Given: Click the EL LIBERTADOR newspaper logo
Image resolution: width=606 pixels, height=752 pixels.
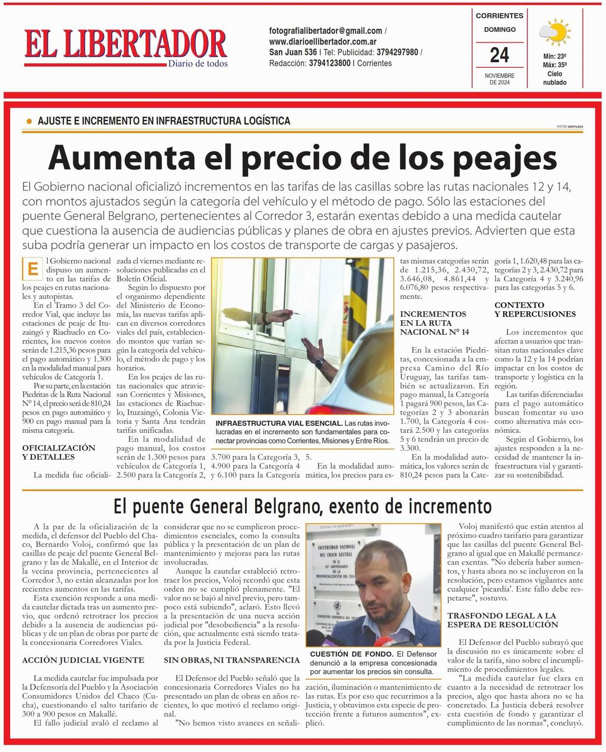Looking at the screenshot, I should tap(125, 44).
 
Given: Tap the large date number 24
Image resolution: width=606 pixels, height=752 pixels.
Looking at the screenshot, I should tap(499, 55).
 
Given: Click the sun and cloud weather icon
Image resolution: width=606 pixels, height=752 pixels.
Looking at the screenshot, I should tap(555, 32).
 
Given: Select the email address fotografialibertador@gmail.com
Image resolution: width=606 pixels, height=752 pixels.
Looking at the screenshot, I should tap(326, 31).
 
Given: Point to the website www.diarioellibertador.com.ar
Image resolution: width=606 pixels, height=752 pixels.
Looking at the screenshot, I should tap(323, 41).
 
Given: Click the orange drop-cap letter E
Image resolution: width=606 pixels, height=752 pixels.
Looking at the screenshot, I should tap(33, 269).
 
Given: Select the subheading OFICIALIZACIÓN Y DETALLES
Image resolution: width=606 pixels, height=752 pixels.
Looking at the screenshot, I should tap(59, 452).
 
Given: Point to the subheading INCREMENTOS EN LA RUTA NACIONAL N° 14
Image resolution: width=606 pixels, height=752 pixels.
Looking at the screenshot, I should tap(434, 323).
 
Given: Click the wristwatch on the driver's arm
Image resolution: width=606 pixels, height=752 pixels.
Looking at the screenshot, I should tap(319, 362).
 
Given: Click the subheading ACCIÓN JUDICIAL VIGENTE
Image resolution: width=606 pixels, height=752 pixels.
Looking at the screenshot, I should tap(83, 660).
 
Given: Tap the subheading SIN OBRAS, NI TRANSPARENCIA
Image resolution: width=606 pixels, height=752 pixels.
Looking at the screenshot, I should tap(231, 660).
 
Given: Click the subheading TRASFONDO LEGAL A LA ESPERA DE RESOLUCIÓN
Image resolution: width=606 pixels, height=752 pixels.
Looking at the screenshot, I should tap(502, 620).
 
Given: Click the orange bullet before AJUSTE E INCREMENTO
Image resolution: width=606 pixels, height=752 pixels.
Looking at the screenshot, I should tap(28, 121).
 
